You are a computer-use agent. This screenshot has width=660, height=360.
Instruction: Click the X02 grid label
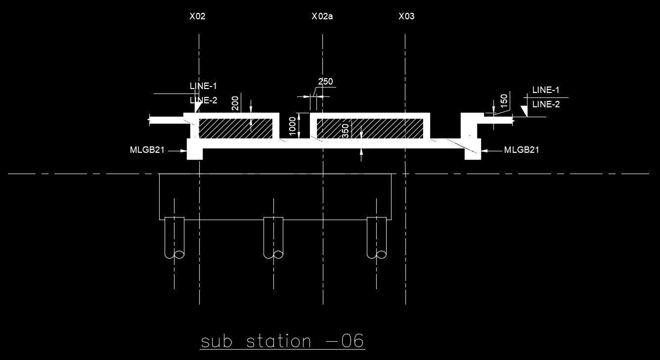point(197,16)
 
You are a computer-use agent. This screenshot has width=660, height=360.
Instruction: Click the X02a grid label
point(322,16)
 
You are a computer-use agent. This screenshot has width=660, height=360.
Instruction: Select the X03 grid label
point(406,16)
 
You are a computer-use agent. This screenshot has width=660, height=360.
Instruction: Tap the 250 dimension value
point(325,82)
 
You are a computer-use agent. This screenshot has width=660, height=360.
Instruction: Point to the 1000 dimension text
point(292,126)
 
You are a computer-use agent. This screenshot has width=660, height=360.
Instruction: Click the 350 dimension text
point(346,130)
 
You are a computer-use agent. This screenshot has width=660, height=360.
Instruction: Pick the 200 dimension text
point(235,103)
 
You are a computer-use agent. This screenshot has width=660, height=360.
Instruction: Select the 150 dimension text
point(504,100)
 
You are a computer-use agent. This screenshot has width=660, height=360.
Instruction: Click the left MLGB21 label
point(147,150)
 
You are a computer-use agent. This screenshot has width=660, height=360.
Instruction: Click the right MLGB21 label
point(521,150)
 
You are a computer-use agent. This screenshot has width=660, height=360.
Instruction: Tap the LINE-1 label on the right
point(546,90)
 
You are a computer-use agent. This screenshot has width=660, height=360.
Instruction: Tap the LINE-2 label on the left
point(204,100)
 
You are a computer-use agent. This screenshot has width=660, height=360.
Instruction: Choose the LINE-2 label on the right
point(546,104)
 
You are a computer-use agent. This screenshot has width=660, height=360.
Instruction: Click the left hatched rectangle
point(235,129)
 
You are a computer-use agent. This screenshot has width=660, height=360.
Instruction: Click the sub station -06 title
point(282,341)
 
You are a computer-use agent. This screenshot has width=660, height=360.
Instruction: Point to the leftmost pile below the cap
point(174,237)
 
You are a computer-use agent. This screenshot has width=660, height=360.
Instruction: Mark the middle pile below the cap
point(273,237)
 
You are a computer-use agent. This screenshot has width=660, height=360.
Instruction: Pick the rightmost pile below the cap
point(377,237)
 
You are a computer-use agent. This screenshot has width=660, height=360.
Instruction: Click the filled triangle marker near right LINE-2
point(525,110)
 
